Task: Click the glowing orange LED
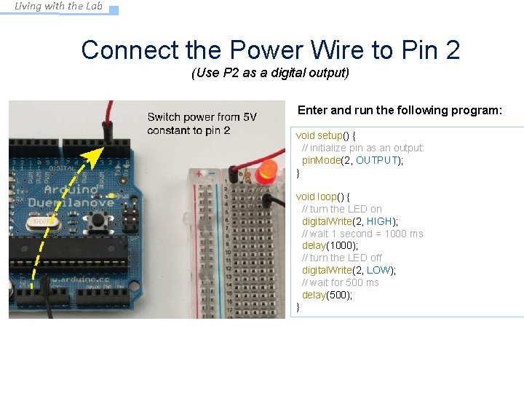(x=267, y=170)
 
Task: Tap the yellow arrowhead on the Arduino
(x=92, y=156)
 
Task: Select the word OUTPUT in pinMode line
(x=377, y=160)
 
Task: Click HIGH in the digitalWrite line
(x=378, y=221)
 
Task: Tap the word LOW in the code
(x=378, y=270)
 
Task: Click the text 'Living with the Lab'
(x=59, y=7)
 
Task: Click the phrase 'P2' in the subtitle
(x=224, y=73)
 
